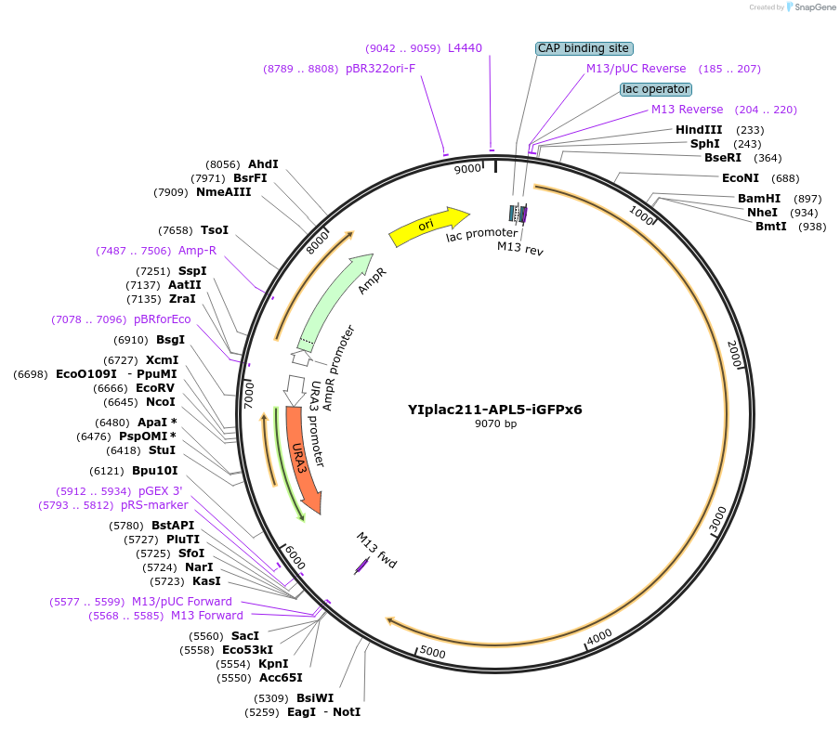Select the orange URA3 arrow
coord(303,460)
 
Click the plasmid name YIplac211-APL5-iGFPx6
coord(494,409)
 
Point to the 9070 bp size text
coord(494,423)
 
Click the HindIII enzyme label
coord(699,130)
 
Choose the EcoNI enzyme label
coord(741,178)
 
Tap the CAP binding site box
coord(584,48)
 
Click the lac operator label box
coord(656,89)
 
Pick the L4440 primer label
coord(465,48)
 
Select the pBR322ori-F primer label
coord(380,69)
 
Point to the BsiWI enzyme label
coord(315,698)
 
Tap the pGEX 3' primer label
coord(161,491)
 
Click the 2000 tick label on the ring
coord(734,354)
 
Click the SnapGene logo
coord(807,7)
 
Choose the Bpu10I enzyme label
coord(154,471)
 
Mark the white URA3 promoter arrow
coord(295,389)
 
